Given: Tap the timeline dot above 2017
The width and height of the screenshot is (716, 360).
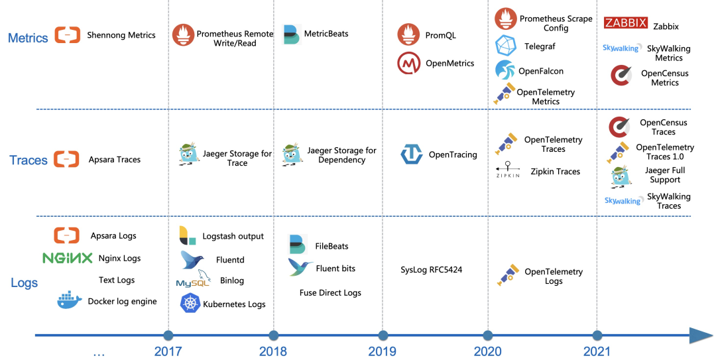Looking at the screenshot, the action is pos(168,335).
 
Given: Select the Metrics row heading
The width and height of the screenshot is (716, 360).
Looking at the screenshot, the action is pos(28,38).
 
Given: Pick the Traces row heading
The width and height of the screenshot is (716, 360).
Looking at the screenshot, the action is pos(29,160).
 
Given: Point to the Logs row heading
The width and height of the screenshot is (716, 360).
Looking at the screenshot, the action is pos(25,283).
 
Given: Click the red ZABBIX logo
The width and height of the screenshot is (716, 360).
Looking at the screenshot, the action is pos(626,24).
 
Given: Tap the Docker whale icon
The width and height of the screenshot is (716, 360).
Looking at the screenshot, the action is pos(70,301).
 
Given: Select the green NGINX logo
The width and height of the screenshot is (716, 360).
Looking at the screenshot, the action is pos(67,258).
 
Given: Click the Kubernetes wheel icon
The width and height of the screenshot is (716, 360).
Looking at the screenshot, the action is pos(191,304).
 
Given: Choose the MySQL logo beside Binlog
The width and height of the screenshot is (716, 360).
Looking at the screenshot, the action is pos(192,280).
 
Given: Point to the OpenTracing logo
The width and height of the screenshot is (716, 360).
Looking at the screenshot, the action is pos(412,154).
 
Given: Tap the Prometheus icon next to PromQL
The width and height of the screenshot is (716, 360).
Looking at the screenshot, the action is pos(408,35).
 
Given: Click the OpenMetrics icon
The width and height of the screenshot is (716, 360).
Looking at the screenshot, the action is pos(409,64).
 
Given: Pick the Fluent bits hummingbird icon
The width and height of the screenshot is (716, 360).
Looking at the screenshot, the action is pos(300,267).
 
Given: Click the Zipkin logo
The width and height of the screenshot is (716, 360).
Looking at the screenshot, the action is pos(508,170).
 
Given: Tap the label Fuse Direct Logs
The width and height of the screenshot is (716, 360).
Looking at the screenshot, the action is pos(330,292).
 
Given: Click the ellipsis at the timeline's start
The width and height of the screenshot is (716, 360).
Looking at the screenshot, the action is pos(99,353).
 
